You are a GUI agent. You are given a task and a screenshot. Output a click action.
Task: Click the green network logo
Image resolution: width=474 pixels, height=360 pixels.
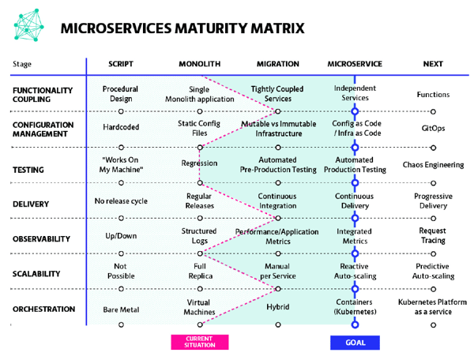pos(28,25)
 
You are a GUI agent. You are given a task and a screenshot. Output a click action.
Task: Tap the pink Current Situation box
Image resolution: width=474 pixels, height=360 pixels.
pos(200,342)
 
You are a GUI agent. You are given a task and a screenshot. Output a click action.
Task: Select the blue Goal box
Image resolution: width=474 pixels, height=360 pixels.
pos(355,343)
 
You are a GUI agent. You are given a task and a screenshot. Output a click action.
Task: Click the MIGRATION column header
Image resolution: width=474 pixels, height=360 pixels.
pos(278,64)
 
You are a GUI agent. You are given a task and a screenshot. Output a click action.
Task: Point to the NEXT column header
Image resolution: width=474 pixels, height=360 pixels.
pos(433,64)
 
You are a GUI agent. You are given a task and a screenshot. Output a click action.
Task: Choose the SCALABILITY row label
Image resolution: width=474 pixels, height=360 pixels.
pos(36,274)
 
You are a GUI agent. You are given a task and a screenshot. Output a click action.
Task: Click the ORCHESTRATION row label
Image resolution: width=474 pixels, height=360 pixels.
pos(43,309)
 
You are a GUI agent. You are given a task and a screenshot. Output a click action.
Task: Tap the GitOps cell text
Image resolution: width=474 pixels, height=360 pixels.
pos(433,129)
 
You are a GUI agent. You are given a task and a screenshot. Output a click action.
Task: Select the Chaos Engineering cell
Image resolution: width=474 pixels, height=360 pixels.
pos(433,165)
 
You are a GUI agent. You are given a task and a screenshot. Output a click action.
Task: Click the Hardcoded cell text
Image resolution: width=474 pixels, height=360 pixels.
pos(121,127)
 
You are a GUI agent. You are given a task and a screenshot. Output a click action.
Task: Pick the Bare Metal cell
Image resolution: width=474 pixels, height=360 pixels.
pos(121,309)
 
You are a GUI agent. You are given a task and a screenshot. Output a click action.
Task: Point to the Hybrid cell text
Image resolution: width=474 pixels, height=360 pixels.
pos(278,307)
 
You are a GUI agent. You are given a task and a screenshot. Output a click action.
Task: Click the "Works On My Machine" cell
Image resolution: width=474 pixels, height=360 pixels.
pos(121,165)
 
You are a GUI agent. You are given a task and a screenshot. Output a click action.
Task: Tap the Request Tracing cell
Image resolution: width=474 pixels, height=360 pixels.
pos(433,235)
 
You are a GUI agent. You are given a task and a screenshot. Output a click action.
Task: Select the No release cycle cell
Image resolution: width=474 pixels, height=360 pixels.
pos(121,201)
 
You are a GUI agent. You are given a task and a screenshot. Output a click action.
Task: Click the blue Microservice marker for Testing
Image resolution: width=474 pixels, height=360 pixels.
pos(355,182)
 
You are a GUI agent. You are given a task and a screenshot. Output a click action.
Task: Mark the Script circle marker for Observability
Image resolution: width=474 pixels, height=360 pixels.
pos(121,253)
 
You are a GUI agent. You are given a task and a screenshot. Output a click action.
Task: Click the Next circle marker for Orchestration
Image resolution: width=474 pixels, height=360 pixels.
pos(433,325)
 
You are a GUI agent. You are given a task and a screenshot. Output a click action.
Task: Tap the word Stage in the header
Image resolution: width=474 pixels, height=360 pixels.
pos(22,64)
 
